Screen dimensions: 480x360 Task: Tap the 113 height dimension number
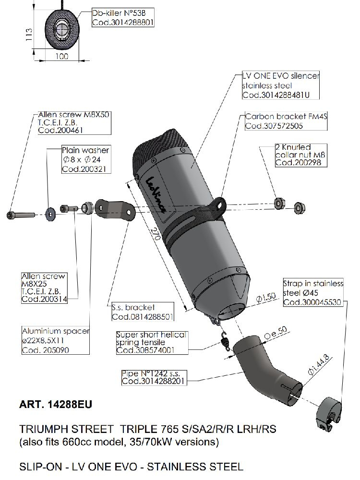(29, 35)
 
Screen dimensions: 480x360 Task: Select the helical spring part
(223, 342)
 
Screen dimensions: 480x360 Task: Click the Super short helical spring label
(151, 335)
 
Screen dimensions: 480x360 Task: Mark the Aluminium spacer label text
(56, 332)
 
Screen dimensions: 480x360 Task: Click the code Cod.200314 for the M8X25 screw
(43, 299)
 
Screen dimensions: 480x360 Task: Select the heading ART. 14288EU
(54, 404)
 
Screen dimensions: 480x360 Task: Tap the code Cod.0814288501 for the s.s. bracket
(142, 317)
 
